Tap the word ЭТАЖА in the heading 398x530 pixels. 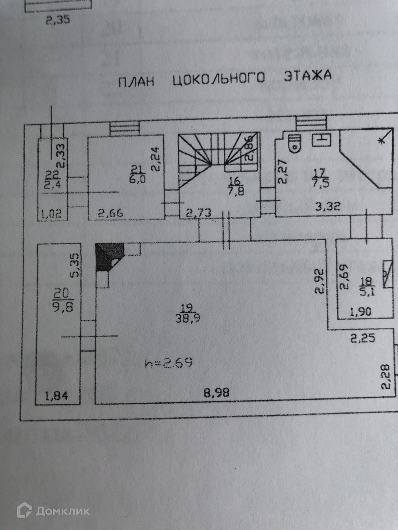pos(308,76)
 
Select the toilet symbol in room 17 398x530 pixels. pos(293,144)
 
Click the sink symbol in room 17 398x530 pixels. pos(321,140)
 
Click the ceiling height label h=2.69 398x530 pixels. pos(168,363)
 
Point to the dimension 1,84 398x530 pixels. pos(58,396)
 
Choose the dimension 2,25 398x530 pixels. pos(364,339)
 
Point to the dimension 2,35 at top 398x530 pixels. pos(58,20)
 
